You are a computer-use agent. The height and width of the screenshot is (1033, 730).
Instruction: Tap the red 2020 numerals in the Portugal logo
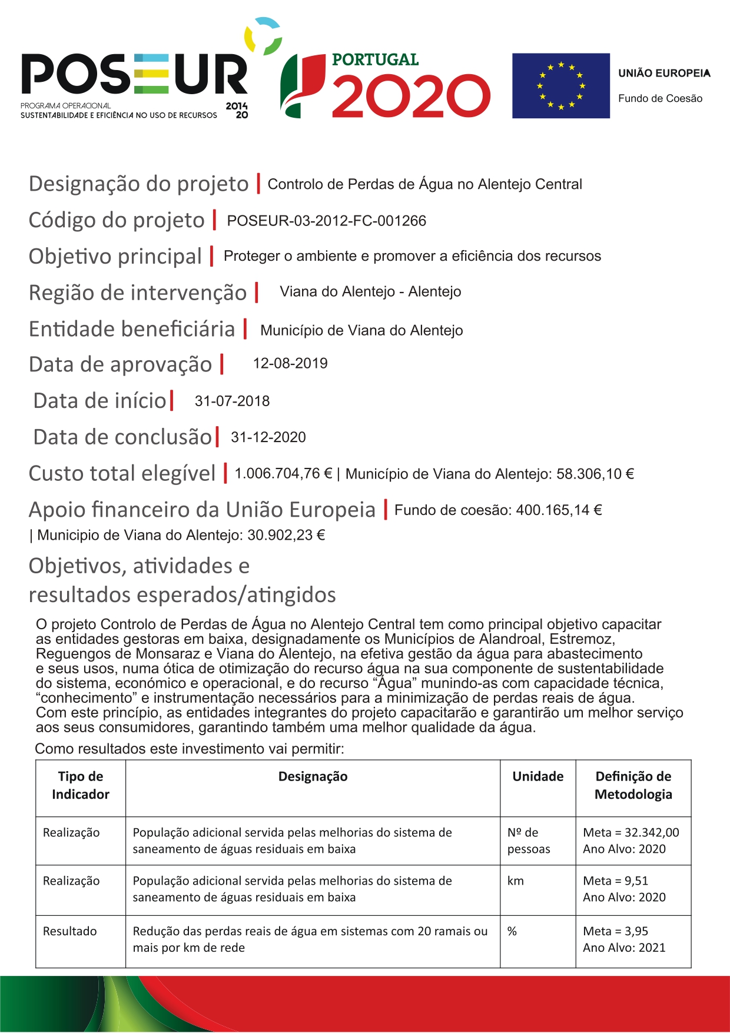tap(411, 95)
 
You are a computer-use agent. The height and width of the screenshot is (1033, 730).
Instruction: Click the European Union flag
tap(560, 86)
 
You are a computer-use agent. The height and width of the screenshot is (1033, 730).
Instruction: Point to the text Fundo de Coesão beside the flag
tap(660, 99)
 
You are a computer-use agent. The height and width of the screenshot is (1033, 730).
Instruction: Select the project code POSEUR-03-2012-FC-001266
tap(326, 221)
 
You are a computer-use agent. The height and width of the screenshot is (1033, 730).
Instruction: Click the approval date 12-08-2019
tap(290, 364)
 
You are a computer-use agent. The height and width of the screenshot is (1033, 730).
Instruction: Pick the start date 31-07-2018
tap(232, 401)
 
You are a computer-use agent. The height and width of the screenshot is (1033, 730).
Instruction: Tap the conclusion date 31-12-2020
tap(268, 437)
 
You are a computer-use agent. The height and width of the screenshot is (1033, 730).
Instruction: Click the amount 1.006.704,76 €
tap(283, 474)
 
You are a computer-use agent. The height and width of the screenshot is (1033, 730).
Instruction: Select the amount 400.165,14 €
tap(559, 510)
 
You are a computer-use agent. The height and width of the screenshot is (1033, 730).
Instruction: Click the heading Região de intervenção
tap(138, 293)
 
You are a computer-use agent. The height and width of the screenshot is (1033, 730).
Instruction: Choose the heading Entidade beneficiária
tap(132, 329)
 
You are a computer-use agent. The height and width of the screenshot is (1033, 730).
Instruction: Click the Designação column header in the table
tap(313, 777)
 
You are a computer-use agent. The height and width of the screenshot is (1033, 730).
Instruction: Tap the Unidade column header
tap(537, 777)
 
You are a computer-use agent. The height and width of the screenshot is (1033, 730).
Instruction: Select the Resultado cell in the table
tap(70, 932)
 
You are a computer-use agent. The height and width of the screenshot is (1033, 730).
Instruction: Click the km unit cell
tap(516, 881)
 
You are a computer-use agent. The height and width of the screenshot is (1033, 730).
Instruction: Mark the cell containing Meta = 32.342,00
tap(631, 833)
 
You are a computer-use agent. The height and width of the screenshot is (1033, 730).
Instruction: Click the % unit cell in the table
tap(512, 932)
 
